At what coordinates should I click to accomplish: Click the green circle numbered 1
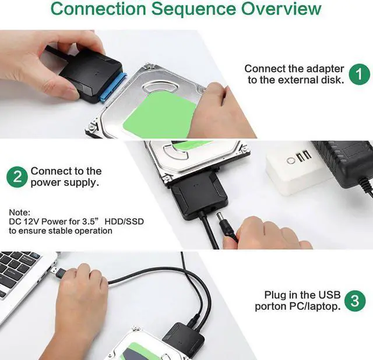click(360, 73)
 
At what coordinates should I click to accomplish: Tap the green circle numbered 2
click(17, 177)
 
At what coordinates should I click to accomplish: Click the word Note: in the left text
click(19, 213)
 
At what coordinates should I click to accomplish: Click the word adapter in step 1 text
click(325, 69)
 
